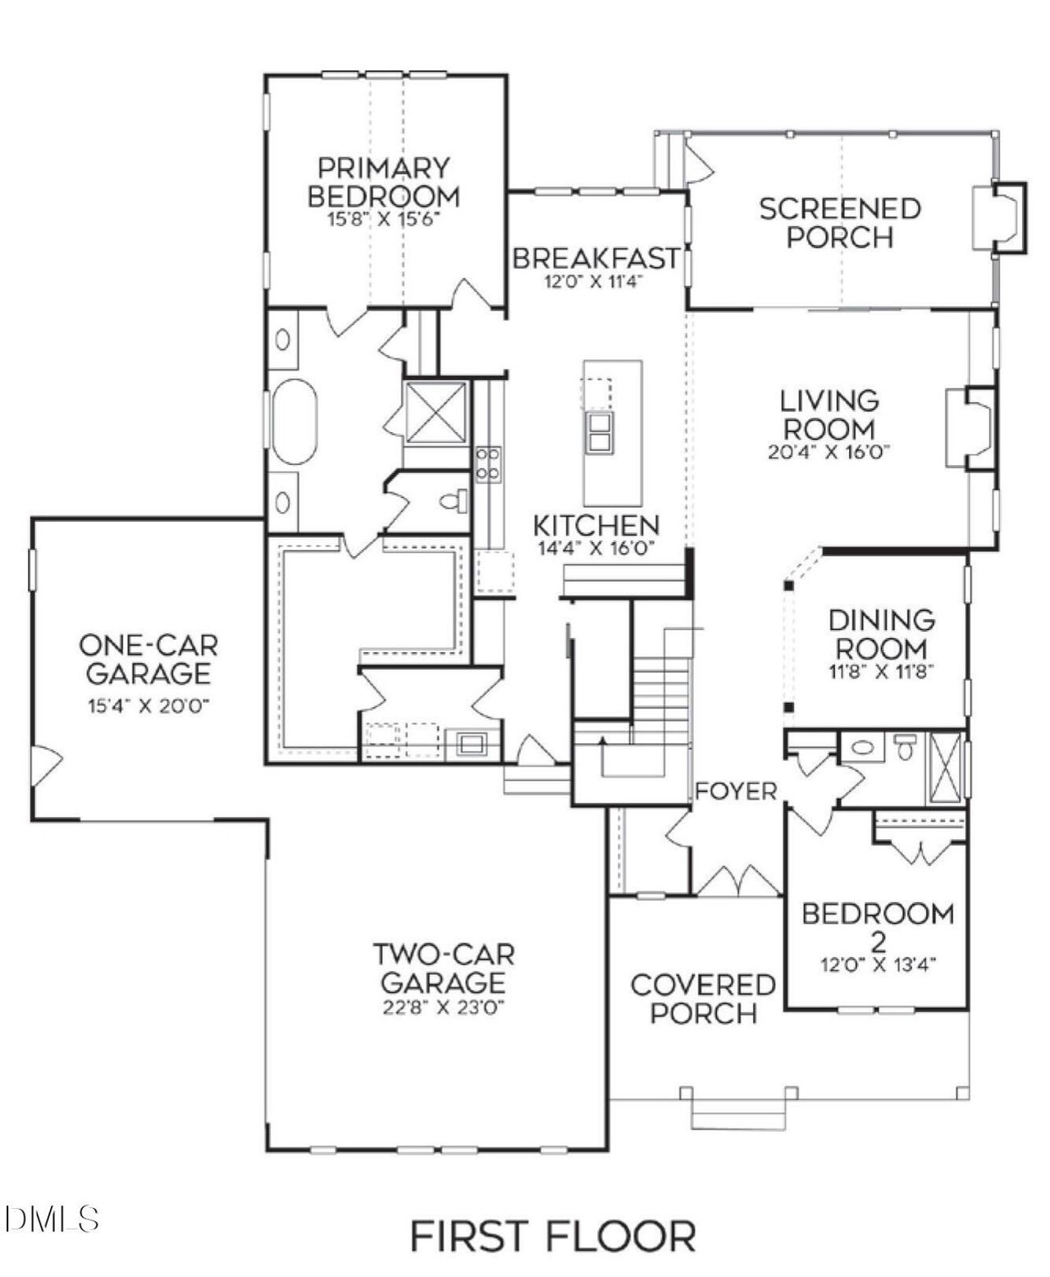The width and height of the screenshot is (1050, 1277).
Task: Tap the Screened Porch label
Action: (839, 223)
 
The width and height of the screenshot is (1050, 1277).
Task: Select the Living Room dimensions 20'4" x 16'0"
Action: (829, 452)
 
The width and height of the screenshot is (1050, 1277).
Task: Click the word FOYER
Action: (736, 791)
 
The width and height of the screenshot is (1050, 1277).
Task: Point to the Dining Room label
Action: (881, 634)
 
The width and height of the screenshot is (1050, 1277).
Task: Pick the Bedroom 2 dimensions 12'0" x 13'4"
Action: (878, 965)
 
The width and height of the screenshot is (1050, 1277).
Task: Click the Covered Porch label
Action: (703, 998)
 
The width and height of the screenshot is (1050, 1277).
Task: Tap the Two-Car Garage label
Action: (444, 968)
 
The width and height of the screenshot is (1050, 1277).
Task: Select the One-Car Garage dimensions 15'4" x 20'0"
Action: (148, 706)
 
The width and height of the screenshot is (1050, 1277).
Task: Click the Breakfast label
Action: (596, 258)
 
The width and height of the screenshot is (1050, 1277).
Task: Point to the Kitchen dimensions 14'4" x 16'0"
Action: (596, 549)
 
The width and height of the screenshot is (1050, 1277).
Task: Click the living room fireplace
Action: (972, 427)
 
